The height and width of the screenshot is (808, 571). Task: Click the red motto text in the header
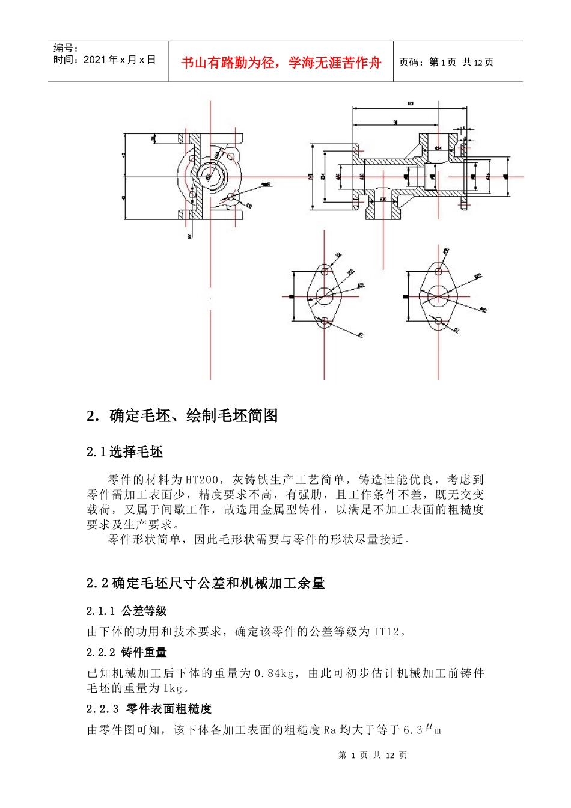coord(281,63)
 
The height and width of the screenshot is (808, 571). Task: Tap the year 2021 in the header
coord(94,60)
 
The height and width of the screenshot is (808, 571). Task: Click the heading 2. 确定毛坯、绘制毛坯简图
coord(182,415)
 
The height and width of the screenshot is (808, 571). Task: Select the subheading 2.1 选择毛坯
coord(124,452)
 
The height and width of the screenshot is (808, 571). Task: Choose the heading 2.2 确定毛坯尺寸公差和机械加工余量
coord(206,583)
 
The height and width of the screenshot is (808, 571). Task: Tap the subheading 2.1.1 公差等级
coord(126,611)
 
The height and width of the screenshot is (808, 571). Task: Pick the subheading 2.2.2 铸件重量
coord(126,653)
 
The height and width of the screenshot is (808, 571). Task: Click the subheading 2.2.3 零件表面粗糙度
coord(149,709)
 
